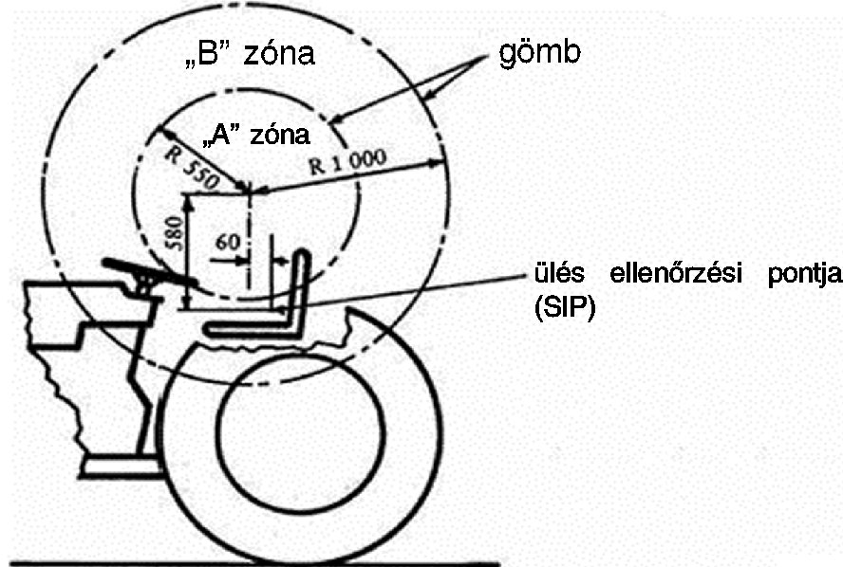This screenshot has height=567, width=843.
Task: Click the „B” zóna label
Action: [x=249, y=54]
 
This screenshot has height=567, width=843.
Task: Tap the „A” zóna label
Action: [x=256, y=135]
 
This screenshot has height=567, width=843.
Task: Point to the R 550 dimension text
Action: [x=192, y=167]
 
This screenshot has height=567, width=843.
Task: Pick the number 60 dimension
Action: [x=228, y=243]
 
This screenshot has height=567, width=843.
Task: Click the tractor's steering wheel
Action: [x=149, y=272]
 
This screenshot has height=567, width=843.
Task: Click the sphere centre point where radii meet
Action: [x=249, y=192]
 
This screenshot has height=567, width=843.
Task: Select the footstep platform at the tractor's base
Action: [x=122, y=466]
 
